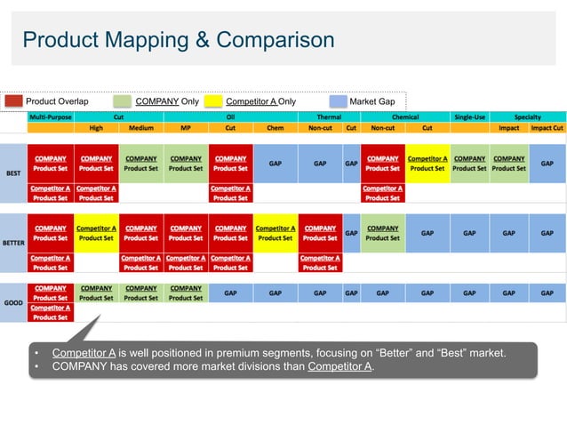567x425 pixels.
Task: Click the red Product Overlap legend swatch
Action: tap(12, 101)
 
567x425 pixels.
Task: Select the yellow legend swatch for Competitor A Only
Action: tap(213, 101)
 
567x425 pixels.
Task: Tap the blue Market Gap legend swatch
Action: tap(338, 101)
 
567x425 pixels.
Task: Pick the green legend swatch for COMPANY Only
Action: tap(122, 101)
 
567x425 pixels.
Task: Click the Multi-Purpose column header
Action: tap(51, 116)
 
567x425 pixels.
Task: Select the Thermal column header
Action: tap(329, 116)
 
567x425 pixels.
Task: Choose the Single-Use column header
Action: tap(469, 116)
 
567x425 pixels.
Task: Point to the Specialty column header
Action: tap(527, 116)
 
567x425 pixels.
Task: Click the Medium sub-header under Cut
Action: tap(140, 127)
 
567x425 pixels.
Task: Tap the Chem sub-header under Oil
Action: tap(276, 127)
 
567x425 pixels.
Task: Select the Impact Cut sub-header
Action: tap(547, 127)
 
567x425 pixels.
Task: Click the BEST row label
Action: tap(14, 172)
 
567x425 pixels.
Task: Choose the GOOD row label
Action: tap(14, 302)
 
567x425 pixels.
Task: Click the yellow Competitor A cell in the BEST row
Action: tap(427, 164)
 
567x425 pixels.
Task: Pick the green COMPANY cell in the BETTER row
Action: tap(383, 233)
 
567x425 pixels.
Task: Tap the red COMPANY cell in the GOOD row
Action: tap(51, 293)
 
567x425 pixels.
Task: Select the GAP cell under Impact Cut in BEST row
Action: tap(547, 164)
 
